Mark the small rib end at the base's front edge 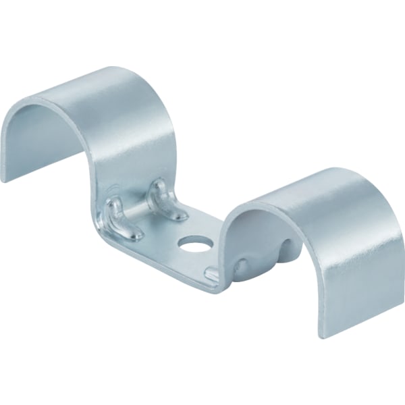click(211, 273)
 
